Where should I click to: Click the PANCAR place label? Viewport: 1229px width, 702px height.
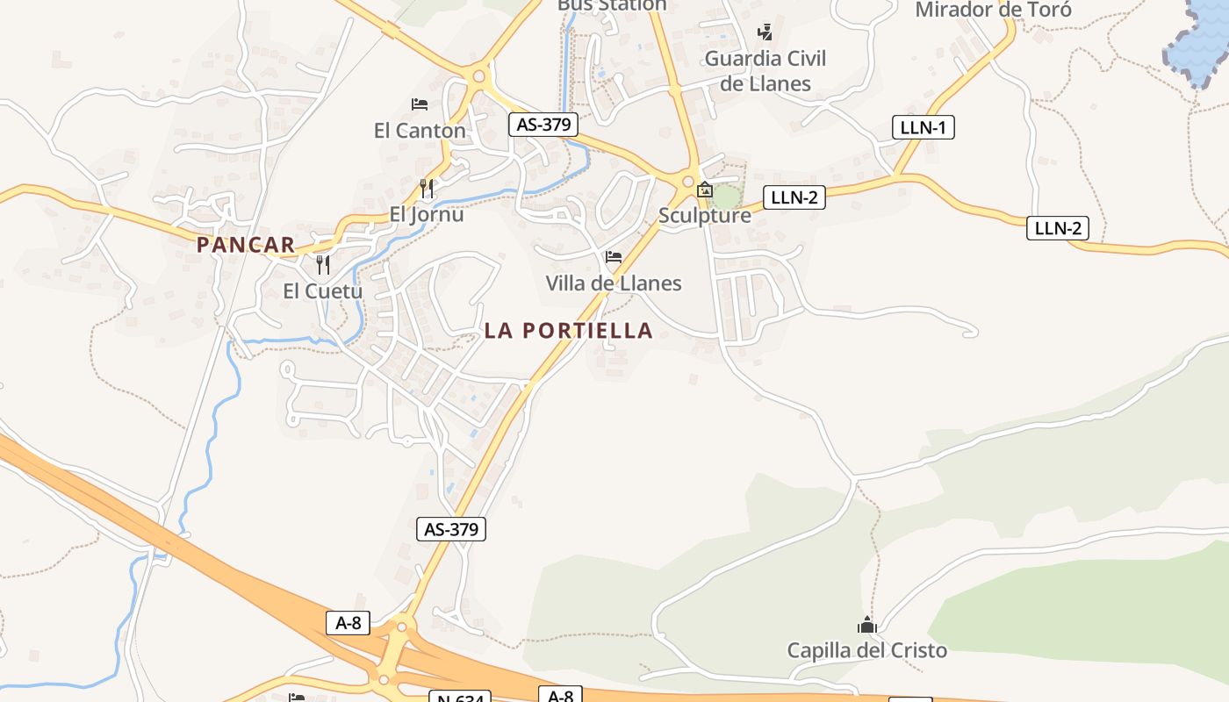click(x=246, y=245)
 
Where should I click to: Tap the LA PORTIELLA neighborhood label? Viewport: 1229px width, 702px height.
click(x=569, y=331)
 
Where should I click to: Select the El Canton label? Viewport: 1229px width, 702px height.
click(x=420, y=131)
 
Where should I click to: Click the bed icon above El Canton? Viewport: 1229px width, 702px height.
click(x=420, y=104)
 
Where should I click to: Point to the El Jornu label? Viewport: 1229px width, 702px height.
click(x=427, y=214)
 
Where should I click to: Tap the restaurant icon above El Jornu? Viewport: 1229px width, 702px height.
click(x=427, y=188)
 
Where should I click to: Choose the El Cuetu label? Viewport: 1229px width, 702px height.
click(x=323, y=290)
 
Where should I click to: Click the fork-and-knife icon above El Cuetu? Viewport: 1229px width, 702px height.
click(x=323, y=264)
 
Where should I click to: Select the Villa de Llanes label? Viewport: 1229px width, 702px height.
click(x=614, y=283)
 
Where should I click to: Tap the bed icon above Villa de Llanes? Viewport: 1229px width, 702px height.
click(x=614, y=257)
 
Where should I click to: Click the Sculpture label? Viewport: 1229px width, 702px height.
click(x=705, y=216)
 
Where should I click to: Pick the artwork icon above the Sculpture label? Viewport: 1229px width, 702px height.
click(x=705, y=190)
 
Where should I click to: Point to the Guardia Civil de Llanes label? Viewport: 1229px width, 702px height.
click(x=765, y=71)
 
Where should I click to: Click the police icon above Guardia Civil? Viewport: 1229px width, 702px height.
click(x=765, y=32)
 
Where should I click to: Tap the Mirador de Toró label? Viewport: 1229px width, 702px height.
click(x=994, y=11)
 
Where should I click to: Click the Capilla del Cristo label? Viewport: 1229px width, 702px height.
click(x=867, y=650)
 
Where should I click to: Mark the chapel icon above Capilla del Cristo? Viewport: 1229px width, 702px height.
click(x=867, y=626)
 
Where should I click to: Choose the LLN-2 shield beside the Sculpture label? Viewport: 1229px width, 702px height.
click(x=794, y=197)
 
